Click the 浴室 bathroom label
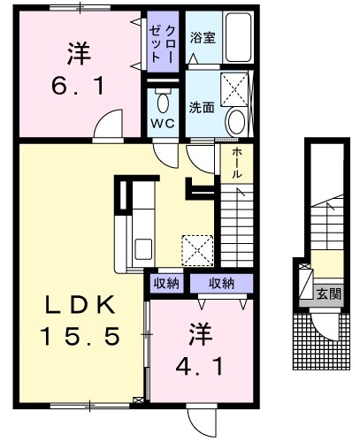coord(203,37)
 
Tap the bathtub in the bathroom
coord(238,37)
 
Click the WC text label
coord(163,123)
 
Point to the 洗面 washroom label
coord(202,108)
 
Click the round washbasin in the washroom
coord(236,122)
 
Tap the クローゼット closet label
coord(163,43)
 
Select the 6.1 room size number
coord(78,86)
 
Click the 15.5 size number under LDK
coord(80,336)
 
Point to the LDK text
coord(80,305)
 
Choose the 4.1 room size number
coord(199,367)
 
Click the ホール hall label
coord(237,163)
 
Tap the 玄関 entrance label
coord(329,293)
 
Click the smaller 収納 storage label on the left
coord(166,283)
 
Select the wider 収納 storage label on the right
coord(221,283)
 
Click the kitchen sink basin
coord(143,249)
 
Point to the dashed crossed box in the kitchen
coord(197,250)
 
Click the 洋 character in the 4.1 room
coord(201,334)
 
